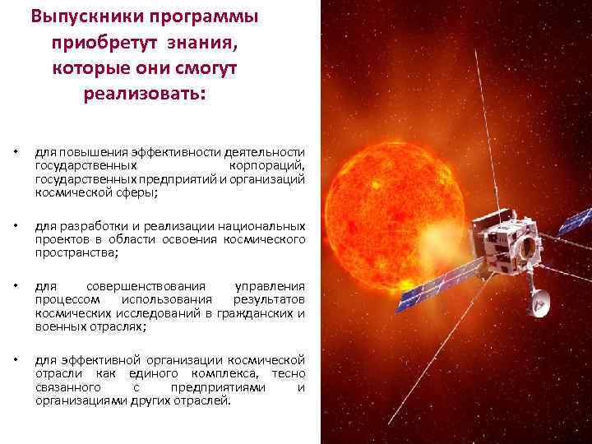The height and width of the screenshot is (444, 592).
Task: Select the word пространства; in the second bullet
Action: pos(76,252)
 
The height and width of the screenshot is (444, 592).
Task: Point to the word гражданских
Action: pos(254,312)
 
